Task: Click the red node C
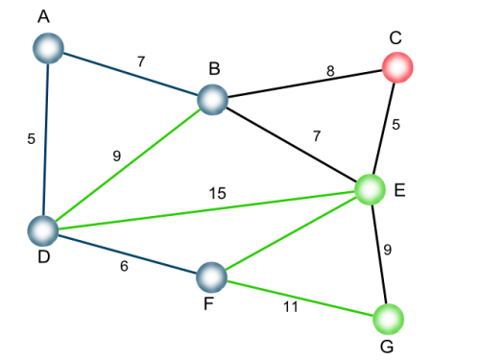[397, 67]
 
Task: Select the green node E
[371, 189]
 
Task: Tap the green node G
[389, 319]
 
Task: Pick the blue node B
[213, 100]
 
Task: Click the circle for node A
[49, 48]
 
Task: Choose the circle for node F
[211, 277]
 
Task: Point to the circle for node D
[43, 230]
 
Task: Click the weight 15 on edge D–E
[218, 193]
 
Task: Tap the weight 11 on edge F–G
[291, 307]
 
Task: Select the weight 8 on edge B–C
[330, 71]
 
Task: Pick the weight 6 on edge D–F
[124, 266]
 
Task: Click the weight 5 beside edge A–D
[31, 138]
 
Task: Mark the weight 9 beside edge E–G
[387, 250]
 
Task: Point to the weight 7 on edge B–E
[317, 136]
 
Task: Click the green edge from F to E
[291, 233]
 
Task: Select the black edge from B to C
[305, 84]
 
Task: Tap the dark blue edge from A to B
[131, 74]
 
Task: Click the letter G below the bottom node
[387, 347]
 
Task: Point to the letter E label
[400, 190]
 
